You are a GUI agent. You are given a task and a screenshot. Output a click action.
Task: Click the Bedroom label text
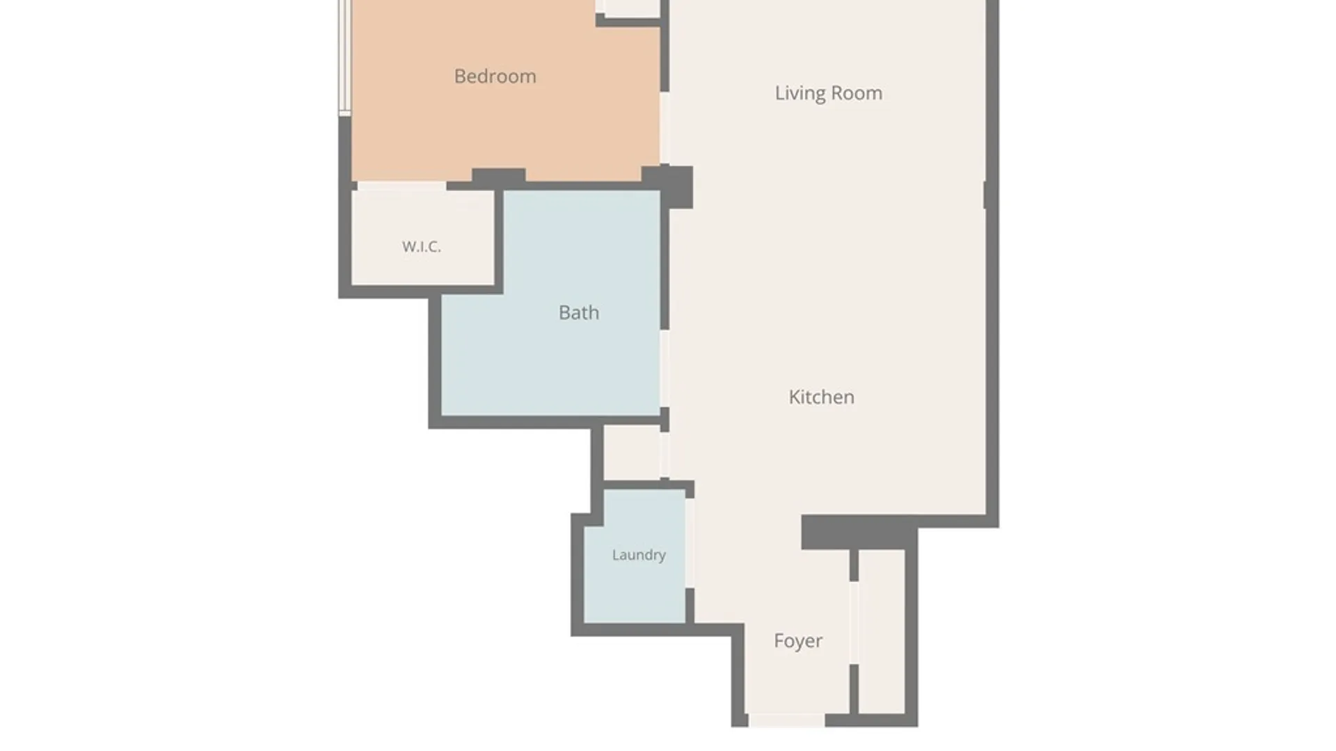pos(495,76)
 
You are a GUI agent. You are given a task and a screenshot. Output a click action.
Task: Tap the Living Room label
pos(828,93)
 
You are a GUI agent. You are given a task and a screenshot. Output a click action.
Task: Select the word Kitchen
pos(821,397)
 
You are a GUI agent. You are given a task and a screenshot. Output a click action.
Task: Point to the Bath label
pos(578,312)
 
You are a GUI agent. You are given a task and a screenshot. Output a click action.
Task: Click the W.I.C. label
pos(421,246)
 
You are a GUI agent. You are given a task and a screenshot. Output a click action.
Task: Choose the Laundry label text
pos(639,555)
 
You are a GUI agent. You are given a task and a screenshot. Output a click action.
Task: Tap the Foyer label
pos(798,640)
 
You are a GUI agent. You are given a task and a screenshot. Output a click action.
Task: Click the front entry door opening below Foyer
pos(786,720)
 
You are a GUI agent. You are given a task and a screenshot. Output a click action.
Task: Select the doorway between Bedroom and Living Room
pos(665,128)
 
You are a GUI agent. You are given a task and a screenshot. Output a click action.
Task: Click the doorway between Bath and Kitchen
pos(665,369)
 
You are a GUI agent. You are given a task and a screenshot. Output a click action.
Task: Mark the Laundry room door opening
pos(690,543)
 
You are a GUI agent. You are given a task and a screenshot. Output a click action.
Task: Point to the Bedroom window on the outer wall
pos(344,58)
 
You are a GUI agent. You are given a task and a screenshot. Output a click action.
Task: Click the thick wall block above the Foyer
pos(859,533)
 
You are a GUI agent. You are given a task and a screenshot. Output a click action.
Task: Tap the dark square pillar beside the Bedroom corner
pos(667,186)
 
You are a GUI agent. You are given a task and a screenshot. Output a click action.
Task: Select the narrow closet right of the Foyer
pos(882,631)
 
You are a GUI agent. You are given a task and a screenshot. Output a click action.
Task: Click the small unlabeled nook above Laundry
pos(632,453)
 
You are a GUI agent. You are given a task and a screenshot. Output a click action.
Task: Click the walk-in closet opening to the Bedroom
pos(401,186)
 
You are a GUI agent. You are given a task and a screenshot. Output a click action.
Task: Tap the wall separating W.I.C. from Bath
pos(499,238)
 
